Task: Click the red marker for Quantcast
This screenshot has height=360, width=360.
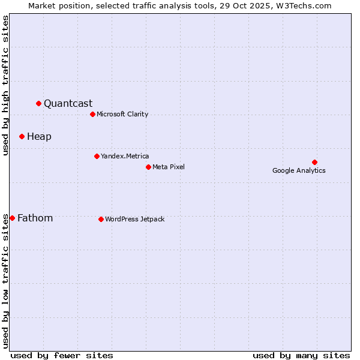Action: click(38, 103)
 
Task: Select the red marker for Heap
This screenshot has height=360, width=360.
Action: click(22, 136)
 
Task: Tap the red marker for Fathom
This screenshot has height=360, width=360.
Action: click(12, 218)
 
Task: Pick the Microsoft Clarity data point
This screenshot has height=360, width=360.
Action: click(92, 114)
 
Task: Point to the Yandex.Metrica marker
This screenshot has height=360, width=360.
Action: click(97, 156)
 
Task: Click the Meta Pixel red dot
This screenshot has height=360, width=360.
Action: click(148, 167)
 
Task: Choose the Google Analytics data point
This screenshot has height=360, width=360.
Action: click(314, 162)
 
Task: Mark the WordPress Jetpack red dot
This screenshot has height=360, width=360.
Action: click(101, 219)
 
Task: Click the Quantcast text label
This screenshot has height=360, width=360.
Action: click(68, 103)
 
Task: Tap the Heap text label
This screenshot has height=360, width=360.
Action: click(39, 136)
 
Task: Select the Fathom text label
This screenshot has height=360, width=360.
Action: click(35, 218)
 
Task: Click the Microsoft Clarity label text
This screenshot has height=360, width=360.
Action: click(122, 114)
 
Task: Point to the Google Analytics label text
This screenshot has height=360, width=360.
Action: click(299, 170)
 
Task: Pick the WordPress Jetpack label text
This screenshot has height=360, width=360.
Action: click(134, 219)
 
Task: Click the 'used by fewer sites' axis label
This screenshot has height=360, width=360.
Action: click(62, 355)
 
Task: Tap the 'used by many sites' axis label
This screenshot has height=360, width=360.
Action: click(301, 355)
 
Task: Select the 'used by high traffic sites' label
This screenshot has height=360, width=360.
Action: click(5, 85)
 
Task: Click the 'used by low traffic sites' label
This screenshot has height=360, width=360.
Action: click(5, 280)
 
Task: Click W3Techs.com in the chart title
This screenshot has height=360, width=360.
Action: click(309, 5)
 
